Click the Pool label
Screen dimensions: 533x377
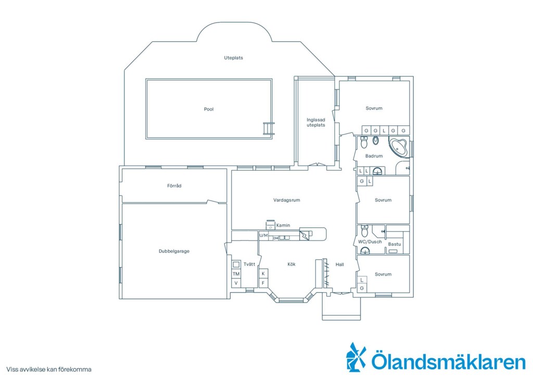209,109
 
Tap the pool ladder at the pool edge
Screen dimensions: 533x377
269,129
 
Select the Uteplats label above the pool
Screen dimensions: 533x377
234,58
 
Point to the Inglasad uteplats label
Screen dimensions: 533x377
316,122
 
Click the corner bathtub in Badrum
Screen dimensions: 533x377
399,147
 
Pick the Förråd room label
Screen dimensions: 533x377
174,185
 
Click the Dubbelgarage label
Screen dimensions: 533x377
174,251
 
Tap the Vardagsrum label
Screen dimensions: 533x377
287,200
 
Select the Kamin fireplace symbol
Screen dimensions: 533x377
271,224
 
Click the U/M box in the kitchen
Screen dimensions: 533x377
263,235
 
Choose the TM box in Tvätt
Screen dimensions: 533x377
236,274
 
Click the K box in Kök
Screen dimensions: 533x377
263,273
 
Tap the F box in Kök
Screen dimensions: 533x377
263,283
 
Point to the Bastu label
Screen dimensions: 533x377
395,244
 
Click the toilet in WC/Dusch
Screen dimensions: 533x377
365,231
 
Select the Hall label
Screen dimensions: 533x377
339,265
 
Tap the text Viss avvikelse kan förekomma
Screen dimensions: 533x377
48,369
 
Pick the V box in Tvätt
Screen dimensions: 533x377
236,283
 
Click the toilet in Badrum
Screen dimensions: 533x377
364,143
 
